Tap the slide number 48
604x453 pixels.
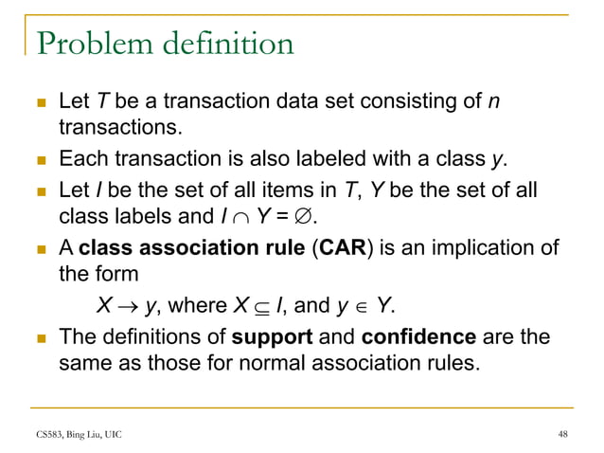coord(563,434)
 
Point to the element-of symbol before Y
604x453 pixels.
coord(359,307)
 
